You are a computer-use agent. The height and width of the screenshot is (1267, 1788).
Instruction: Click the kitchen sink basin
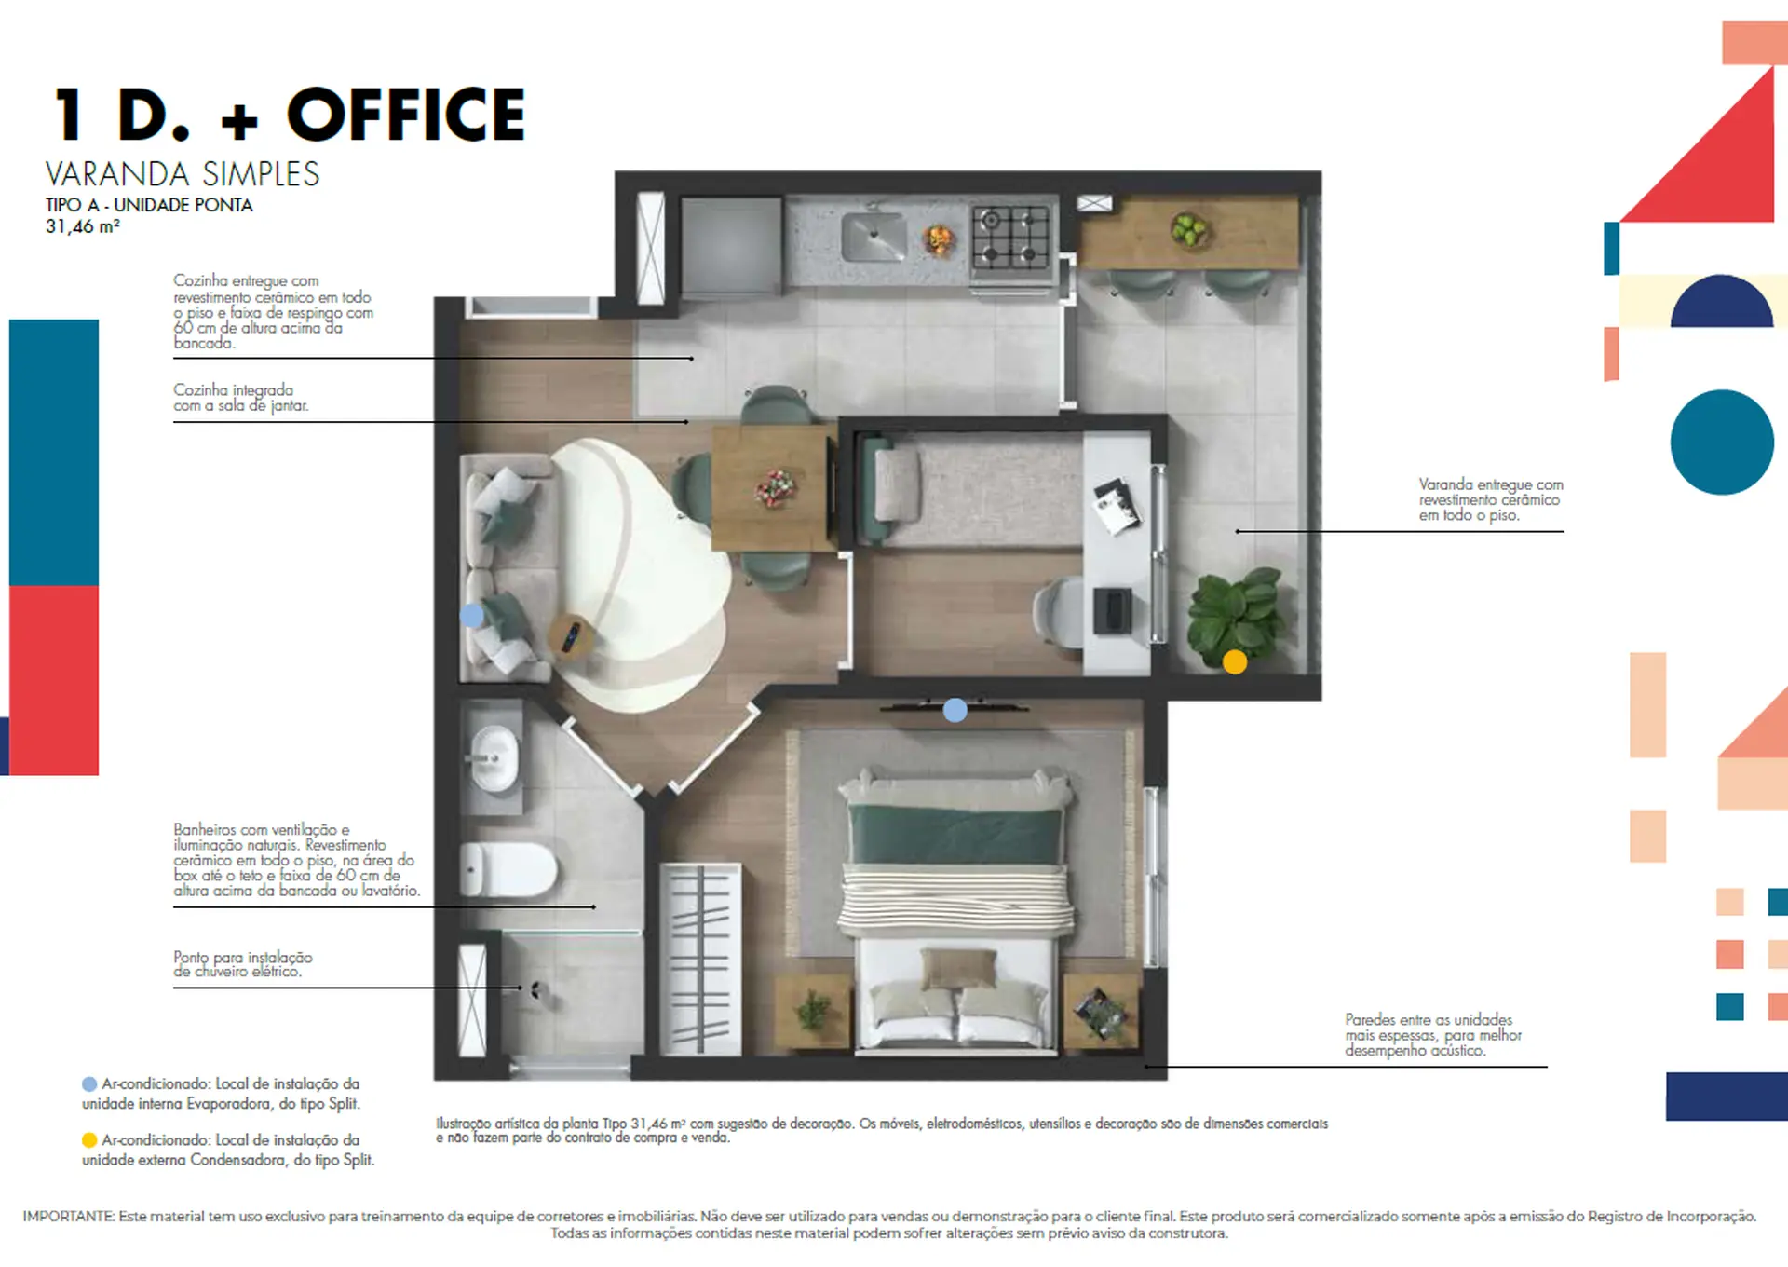[873, 237]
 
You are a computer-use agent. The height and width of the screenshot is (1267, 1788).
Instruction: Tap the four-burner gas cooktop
[1010, 238]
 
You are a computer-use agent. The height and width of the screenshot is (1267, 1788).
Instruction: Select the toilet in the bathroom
[508, 869]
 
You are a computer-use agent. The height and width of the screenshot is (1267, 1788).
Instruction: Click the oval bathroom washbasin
[494, 758]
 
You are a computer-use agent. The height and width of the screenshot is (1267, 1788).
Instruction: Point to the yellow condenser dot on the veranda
[1235, 661]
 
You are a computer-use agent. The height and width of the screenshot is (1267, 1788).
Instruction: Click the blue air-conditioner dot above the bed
[955, 711]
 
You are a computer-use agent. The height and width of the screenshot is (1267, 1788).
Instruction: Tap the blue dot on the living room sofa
[472, 616]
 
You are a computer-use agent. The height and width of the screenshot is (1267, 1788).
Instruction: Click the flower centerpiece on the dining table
[775, 487]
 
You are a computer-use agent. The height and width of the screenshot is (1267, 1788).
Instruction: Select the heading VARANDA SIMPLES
[183, 174]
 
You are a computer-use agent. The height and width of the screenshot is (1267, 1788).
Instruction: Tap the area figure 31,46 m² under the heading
[83, 226]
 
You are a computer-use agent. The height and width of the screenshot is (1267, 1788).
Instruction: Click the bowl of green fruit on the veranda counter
[1189, 229]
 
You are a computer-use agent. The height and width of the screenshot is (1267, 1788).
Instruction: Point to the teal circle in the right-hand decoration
[1722, 442]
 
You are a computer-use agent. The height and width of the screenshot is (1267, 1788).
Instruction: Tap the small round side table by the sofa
[571, 636]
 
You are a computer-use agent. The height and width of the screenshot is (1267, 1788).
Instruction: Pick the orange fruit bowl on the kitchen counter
[939, 239]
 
